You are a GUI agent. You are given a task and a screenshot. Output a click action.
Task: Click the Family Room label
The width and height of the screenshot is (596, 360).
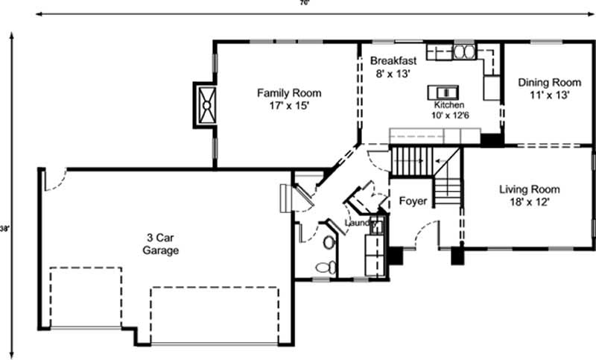289,93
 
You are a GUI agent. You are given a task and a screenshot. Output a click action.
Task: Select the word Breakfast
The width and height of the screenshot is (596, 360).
390,60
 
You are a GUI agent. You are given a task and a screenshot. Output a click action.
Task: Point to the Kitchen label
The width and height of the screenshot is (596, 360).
449,105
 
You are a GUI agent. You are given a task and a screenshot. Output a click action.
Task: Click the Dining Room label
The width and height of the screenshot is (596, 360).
549,82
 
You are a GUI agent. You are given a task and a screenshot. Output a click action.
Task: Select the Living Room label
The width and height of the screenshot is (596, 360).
529,189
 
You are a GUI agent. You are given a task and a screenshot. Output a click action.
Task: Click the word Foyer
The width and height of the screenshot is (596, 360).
413,201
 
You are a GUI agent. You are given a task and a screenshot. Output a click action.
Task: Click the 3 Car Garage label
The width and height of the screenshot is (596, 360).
161,244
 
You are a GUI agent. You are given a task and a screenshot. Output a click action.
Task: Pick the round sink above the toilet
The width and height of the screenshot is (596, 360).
328,243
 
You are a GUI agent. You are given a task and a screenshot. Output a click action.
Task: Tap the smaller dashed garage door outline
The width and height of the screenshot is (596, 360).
85,297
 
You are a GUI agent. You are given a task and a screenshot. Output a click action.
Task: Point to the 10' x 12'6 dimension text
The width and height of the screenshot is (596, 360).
448,116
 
